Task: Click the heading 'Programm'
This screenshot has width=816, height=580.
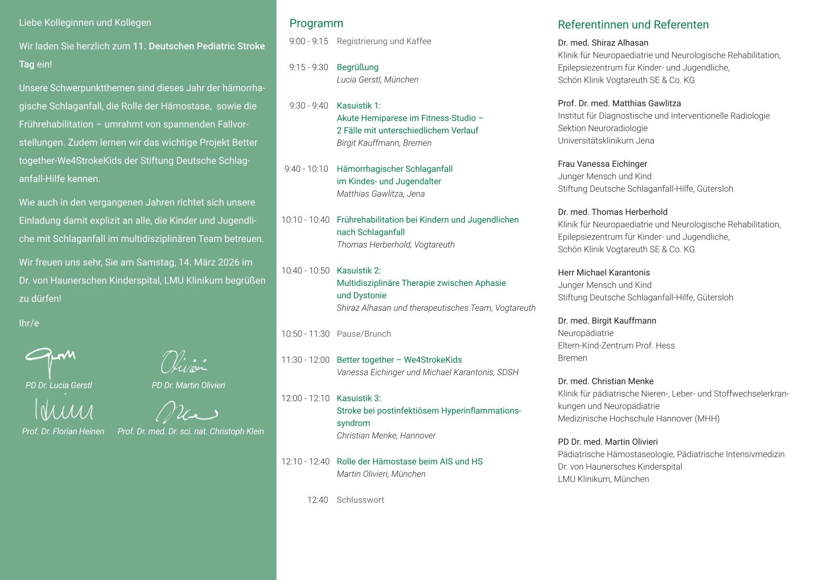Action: [x=316, y=23]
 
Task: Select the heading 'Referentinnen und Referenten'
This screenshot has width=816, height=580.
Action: [x=633, y=25]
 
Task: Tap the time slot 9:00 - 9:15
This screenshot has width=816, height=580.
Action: [x=309, y=42]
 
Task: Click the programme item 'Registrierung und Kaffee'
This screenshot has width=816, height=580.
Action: [x=384, y=42]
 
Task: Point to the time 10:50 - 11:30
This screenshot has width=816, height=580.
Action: [x=305, y=334]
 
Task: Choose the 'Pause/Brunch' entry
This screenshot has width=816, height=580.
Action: [x=364, y=334]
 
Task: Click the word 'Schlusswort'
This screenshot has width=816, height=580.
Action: [x=360, y=500]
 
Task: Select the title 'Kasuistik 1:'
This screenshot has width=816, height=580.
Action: [x=359, y=106]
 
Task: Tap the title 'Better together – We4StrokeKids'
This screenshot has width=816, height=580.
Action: [x=399, y=360]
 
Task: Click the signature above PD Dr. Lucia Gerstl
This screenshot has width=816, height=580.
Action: [x=50, y=361]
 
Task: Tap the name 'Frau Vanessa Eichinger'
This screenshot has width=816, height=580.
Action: [x=602, y=164]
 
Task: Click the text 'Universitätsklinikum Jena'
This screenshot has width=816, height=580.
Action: [x=606, y=141]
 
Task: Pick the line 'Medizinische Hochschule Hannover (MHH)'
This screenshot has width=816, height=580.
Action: [x=638, y=419]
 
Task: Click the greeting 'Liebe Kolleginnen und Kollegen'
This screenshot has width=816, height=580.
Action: [x=85, y=23]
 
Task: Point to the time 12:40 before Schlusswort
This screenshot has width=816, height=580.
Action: [x=318, y=500]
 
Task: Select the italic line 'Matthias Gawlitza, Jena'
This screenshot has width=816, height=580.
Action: [x=380, y=194]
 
